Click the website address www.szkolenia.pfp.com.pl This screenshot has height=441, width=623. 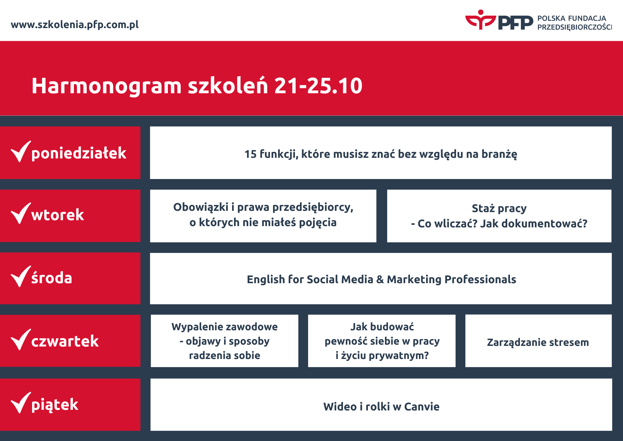(x=75, y=25)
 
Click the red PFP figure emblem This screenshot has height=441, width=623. (x=480, y=20)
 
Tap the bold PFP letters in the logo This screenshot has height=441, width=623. (x=516, y=22)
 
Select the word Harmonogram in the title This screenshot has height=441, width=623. (x=107, y=86)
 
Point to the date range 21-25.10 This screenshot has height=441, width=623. (x=318, y=85)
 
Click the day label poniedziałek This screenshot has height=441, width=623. (x=79, y=153)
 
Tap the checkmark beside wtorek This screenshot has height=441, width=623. (x=21, y=213)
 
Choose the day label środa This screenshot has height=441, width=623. (x=52, y=277)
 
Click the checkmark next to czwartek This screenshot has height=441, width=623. (x=21, y=339)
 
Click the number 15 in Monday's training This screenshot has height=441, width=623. (x=250, y=154)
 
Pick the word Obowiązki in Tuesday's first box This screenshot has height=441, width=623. (x=201, y=207)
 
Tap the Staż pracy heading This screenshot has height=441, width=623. (x=499, y=208)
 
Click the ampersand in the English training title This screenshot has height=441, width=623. (x=380, y=279)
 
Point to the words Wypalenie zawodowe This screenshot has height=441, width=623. (x=225, y=327)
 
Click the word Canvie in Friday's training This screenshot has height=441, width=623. (x=422, y=407)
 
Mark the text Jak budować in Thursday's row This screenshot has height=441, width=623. (x=382, y=327)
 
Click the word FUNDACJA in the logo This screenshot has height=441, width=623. (x=587, y=18)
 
